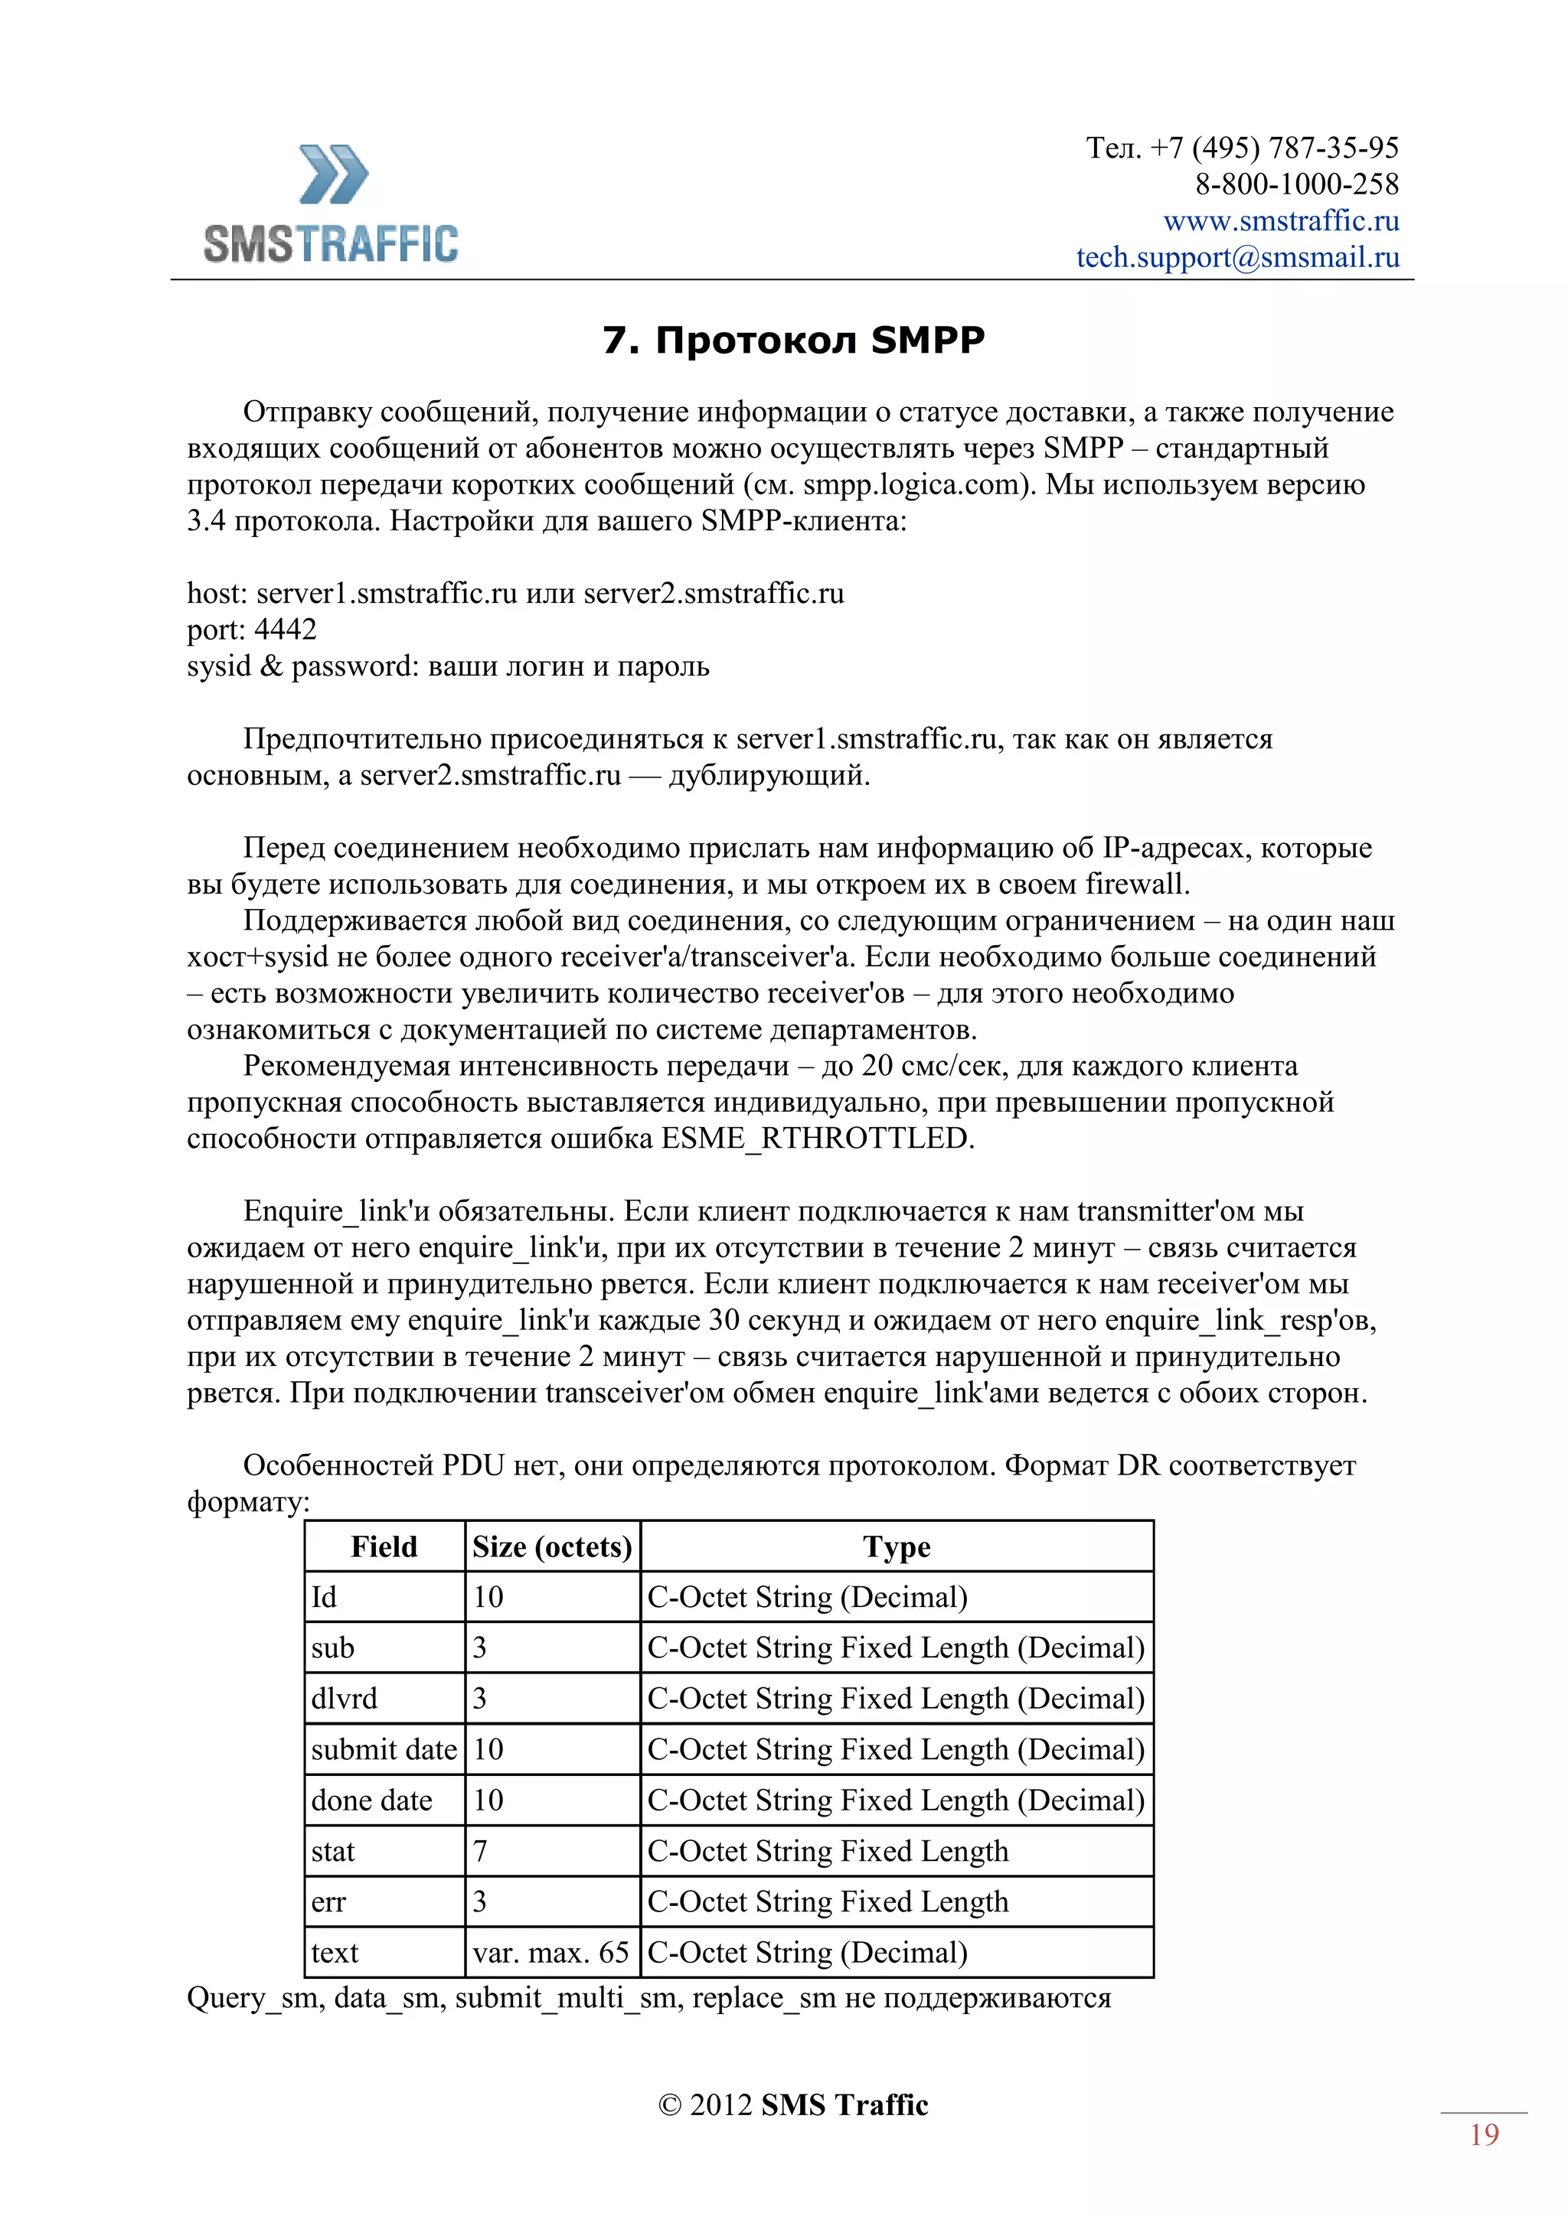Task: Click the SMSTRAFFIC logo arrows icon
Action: tap(333, 174)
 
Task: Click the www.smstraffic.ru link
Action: tap(1280, 221)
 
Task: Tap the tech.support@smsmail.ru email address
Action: tap(1238, 258)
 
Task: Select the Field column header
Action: tap(384, 1547)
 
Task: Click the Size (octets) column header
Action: tap(552, 1547)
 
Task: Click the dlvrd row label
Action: tap(344, 1699)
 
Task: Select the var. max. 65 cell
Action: tap(550, 1953)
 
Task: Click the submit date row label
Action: tap(384, 1750)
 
